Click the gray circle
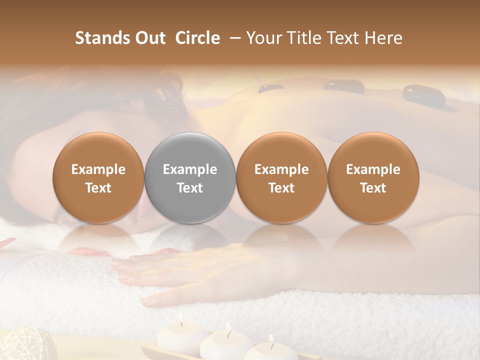[189, 178]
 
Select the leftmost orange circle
[98, 178]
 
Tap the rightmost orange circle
[373, 178]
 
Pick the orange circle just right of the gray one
[281, 178]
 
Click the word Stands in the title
[102, 37]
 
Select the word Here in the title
[384, 37]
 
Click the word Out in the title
[150, 37]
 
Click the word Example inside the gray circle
[190, 169]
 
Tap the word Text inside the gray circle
[190, 188]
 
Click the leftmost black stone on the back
[271, 89]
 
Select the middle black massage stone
[344, 86]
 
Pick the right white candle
[270, 351]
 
